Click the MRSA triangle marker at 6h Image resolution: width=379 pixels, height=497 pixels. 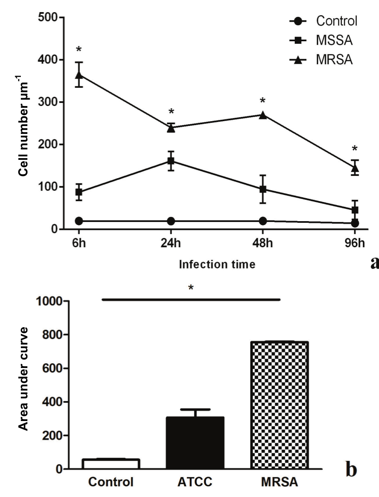(x=79, y=75)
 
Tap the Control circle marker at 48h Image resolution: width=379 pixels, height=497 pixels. (x=263, y=221)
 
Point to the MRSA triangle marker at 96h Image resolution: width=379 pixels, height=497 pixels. (x=355, y=167)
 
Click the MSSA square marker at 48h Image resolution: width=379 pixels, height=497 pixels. (x=263, y=189)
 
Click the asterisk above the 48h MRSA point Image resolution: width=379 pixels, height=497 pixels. (x=263, y=101)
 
